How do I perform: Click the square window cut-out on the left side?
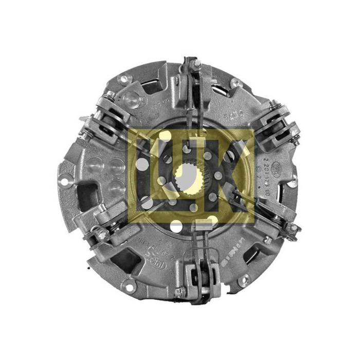(x=85, y=194)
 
